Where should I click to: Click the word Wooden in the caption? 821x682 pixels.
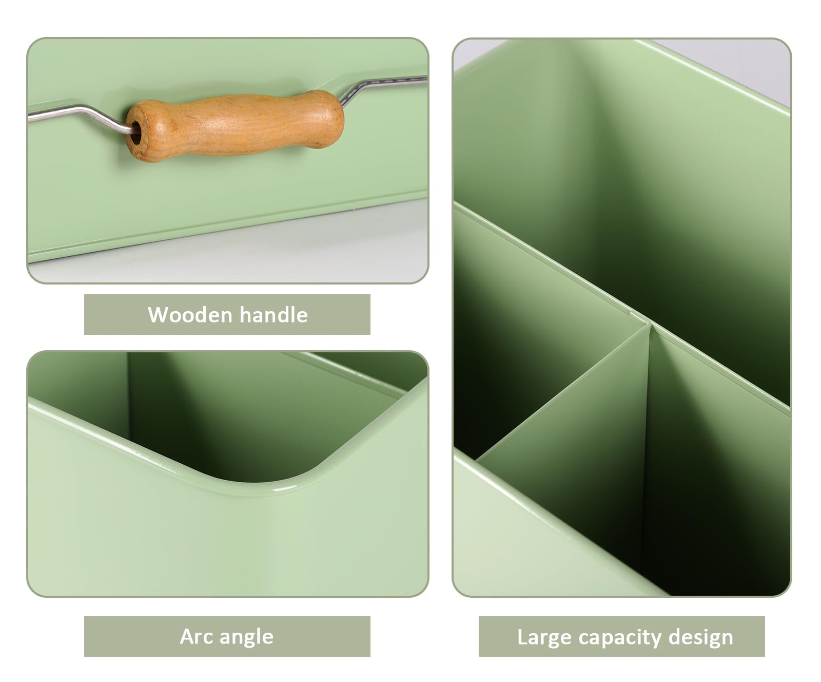coord(190,315)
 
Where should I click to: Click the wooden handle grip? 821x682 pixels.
coord(235,125)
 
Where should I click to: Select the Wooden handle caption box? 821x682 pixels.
coord(227,314)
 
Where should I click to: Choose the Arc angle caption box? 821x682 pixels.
coord(227,636)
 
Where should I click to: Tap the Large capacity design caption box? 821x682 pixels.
coord(622,636)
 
